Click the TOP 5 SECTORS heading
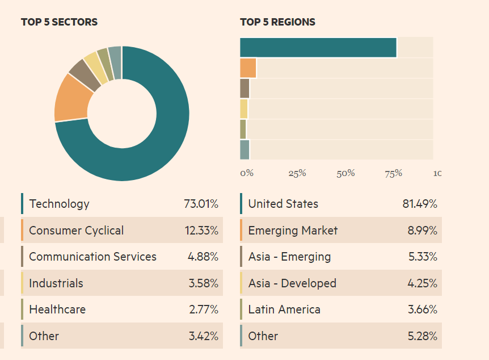[59, 22]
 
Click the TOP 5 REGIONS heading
[277, 22]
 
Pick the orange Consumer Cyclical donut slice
[72, 99]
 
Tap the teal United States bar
[318, 48]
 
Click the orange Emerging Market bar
[248, 68]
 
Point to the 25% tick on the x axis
[297, 173]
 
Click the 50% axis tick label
[345, 173]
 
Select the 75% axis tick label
[394, 173]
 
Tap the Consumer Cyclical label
[76, 231]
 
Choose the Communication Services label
[92, 257]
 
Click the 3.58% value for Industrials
[203, 283]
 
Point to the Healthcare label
[57, 309]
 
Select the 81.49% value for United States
[420, 204]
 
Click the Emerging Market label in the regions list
[293, 231]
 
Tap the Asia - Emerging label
[289, 257]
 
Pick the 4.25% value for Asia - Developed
[422, 283]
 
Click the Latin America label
[284, 309]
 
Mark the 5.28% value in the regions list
[422, 336]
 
